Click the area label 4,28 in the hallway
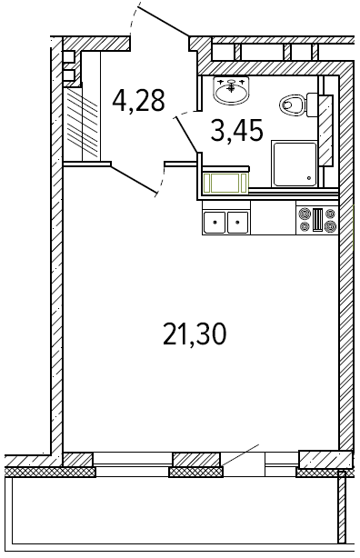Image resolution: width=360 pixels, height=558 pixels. (x=138, y=100)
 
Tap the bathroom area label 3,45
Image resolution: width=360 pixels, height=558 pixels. (x=237, y=130)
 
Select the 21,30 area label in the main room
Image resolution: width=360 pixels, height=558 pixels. (x=195, y=334)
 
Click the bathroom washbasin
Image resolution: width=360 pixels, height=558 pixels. (x=232, y=91)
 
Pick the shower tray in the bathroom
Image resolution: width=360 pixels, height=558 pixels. (x=295, y=164)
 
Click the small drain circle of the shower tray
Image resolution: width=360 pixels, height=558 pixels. (x=309, y=178)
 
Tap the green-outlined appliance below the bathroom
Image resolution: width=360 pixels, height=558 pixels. (x=225, y=184)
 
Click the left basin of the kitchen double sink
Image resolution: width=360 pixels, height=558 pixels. (x=215, y=223)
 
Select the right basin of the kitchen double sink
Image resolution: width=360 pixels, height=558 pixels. (x=238, y=223)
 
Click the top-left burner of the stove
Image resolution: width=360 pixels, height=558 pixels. (x=305, y=214)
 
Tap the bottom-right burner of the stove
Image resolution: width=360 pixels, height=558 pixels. (x=330, y=225)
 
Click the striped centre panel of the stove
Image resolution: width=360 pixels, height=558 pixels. (x=317, y=220)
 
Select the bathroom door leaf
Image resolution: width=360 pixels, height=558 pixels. (x=187, y=134)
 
